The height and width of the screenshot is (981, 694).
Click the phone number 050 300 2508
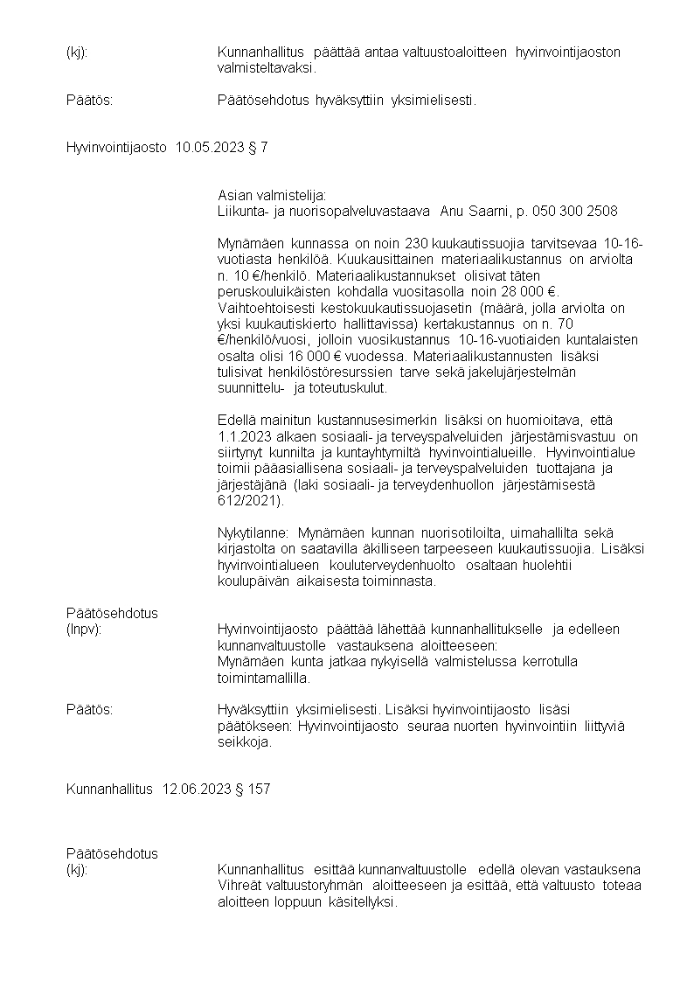pos(577,211)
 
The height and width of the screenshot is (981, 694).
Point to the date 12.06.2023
pos(197,789)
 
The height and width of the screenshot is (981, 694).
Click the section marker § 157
pos(253,789)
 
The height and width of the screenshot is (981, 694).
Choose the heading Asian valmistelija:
pos(271,195)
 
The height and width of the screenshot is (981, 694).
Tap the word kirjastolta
pos(248,548)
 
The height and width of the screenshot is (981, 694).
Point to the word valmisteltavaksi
pos(266,66)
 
